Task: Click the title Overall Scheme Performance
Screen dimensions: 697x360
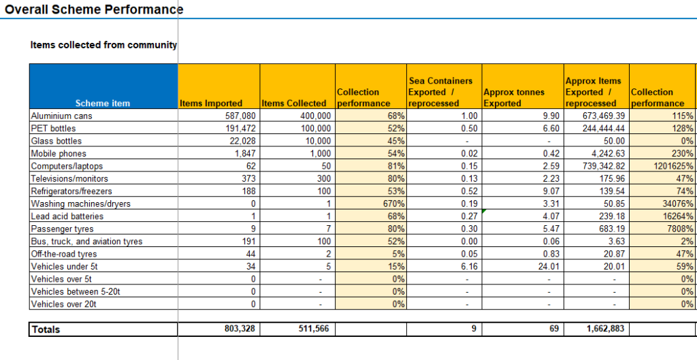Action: [x=94, y=9]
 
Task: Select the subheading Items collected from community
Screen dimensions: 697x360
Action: [x=103, y=45]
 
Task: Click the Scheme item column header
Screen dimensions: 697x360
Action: [x=103, y=103]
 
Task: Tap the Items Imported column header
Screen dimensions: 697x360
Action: [x=211, y=103]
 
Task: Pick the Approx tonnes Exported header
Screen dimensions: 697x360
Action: [x=514, y=98]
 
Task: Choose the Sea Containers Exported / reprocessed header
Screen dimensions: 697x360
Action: [x=440, y=92]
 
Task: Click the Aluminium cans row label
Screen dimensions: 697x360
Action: [x=61, y=116]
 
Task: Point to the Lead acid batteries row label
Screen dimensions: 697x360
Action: [x=67, y=216]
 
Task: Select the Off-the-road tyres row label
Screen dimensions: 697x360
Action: [x=64, y=255]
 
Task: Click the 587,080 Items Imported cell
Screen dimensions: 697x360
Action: [x=240, y=116]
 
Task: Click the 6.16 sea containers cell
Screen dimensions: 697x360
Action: [x=470, y=267]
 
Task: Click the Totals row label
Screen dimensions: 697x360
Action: [x=46, y=329]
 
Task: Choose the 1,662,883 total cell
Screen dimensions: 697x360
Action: [x=605, y=329]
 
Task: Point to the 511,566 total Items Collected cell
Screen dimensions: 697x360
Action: [x=314, y=329]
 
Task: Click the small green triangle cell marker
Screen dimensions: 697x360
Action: [x=484, y=211]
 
